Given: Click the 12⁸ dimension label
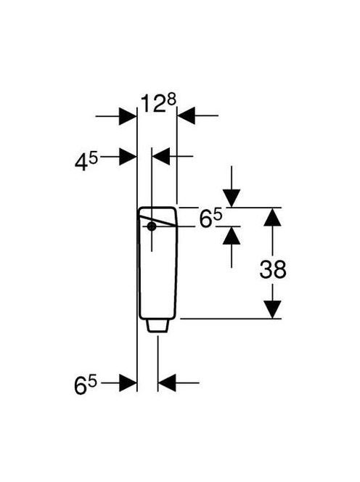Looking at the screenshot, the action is tap(158, 103).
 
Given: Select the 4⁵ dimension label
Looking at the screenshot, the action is tap(86, 162).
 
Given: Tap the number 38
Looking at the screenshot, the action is tap(273, 269).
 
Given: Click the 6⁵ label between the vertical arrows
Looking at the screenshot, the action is tap(210, 218).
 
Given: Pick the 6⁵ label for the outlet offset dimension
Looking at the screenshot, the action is tap(86, 385).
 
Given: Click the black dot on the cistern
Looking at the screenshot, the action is tap(152, 226).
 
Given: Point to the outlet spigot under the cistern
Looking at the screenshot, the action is tap(157, 325).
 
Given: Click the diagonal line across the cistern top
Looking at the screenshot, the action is tap(157, 221).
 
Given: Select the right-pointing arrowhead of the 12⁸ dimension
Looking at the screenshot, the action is tap(128, 116).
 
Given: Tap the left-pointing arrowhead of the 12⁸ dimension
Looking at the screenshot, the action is tap(186, 116).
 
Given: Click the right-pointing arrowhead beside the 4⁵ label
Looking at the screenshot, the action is tap(128, 157).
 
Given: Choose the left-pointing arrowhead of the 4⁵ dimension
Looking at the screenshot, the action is tap(161, 156).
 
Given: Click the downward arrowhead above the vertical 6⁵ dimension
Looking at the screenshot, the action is tap(232, 199).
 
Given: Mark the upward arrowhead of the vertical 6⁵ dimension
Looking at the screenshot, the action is tap(232, 235).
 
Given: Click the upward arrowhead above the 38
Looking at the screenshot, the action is tap(272, 217).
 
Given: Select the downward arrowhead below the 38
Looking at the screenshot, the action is tap(272, 309).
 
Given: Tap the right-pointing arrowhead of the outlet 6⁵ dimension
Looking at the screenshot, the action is tap(128, 383).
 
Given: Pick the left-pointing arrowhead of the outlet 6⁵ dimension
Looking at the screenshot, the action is tap(167, 383).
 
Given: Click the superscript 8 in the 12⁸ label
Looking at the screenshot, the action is tap(171, 100).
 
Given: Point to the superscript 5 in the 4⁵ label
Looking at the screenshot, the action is tap(93, 159).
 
